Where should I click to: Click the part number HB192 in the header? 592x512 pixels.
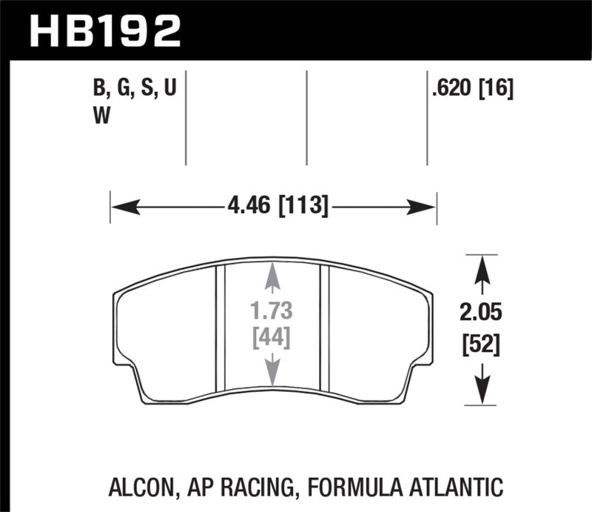click(104, 30)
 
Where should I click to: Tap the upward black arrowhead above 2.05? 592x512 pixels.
click(482, 267)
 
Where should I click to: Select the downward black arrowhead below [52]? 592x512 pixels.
click(482, 391)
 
